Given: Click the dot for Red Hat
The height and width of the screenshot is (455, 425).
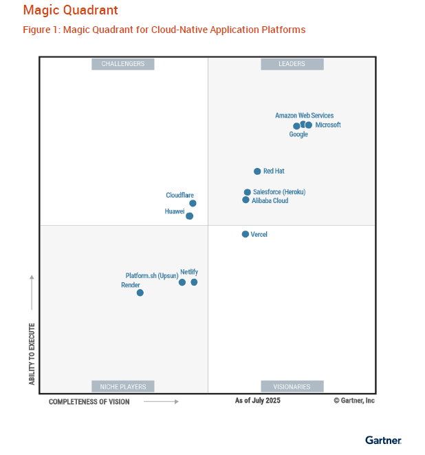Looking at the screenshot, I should click(x=257, y=171).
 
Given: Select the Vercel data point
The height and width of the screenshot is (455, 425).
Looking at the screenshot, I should click(x=246, y=235).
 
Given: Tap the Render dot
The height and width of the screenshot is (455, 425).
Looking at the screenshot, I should click(x=140, y=293).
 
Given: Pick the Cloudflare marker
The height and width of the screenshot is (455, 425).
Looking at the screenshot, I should click(x=193, y=203).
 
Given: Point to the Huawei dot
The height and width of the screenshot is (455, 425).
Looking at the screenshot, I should click(x=190, y=216).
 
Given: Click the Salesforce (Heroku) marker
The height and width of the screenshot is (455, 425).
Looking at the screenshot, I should click(x=248, y=193).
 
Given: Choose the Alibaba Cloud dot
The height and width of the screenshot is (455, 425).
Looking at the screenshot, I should click(x=246, y=200).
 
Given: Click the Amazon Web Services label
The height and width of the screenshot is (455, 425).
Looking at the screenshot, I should click(x=304, y=116).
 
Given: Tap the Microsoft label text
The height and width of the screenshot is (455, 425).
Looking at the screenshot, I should click(x=328, y=125).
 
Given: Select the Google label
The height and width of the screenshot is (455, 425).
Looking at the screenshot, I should click(x=298, y=134).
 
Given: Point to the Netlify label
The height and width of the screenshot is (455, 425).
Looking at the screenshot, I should click(x=189, y=273).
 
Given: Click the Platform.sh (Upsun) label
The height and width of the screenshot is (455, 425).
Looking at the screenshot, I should click(x=151, y=276).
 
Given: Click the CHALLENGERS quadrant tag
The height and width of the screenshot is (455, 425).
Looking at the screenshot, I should click(x=123, y=64).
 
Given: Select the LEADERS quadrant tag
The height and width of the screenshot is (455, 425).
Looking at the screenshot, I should click(x=292, y=64).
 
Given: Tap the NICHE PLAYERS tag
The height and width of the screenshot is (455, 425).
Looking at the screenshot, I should click(x=123, y=387).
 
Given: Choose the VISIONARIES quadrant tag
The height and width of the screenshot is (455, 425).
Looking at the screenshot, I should click(x=292, y=387).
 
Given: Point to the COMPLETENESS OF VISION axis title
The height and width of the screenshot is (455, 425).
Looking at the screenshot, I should click(x=89, y=402).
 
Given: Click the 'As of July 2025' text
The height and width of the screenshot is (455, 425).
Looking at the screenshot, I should click(x=258, y=401).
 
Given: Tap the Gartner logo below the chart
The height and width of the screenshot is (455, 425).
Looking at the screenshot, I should click(x=383, y=440).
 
